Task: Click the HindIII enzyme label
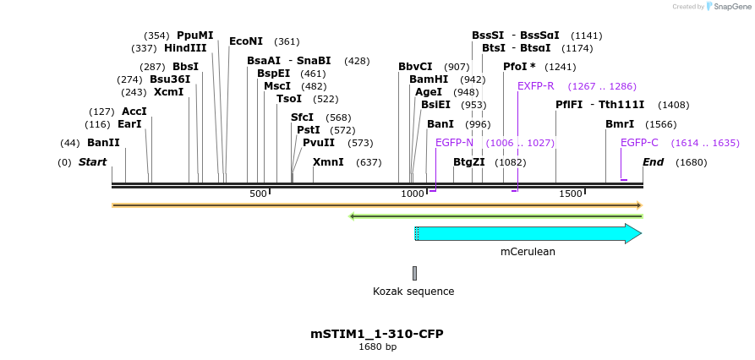[x=185, y=49]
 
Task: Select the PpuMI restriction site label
[x=194, y=35]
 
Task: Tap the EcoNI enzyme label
[x=246, y=41]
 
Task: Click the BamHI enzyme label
[x=429, y=79]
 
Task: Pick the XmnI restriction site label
[x=328, y=161]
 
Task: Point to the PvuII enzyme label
[x=319, y=143]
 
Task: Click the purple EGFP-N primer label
[x=454, y=143]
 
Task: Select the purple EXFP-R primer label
[x=535, y=86]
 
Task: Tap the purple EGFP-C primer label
[x=639, y=143]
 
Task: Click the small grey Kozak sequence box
[x=414, y=273]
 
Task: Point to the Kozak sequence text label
[x=413, y=292]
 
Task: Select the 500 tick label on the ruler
[x=258, y=194]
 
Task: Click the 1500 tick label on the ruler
[x=571, y=194]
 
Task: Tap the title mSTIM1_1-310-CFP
[x=377, y=333]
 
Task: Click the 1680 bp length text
[x=377, y=346]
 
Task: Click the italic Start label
[x=92, y=161]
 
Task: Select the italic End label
[x=653, y=161]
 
